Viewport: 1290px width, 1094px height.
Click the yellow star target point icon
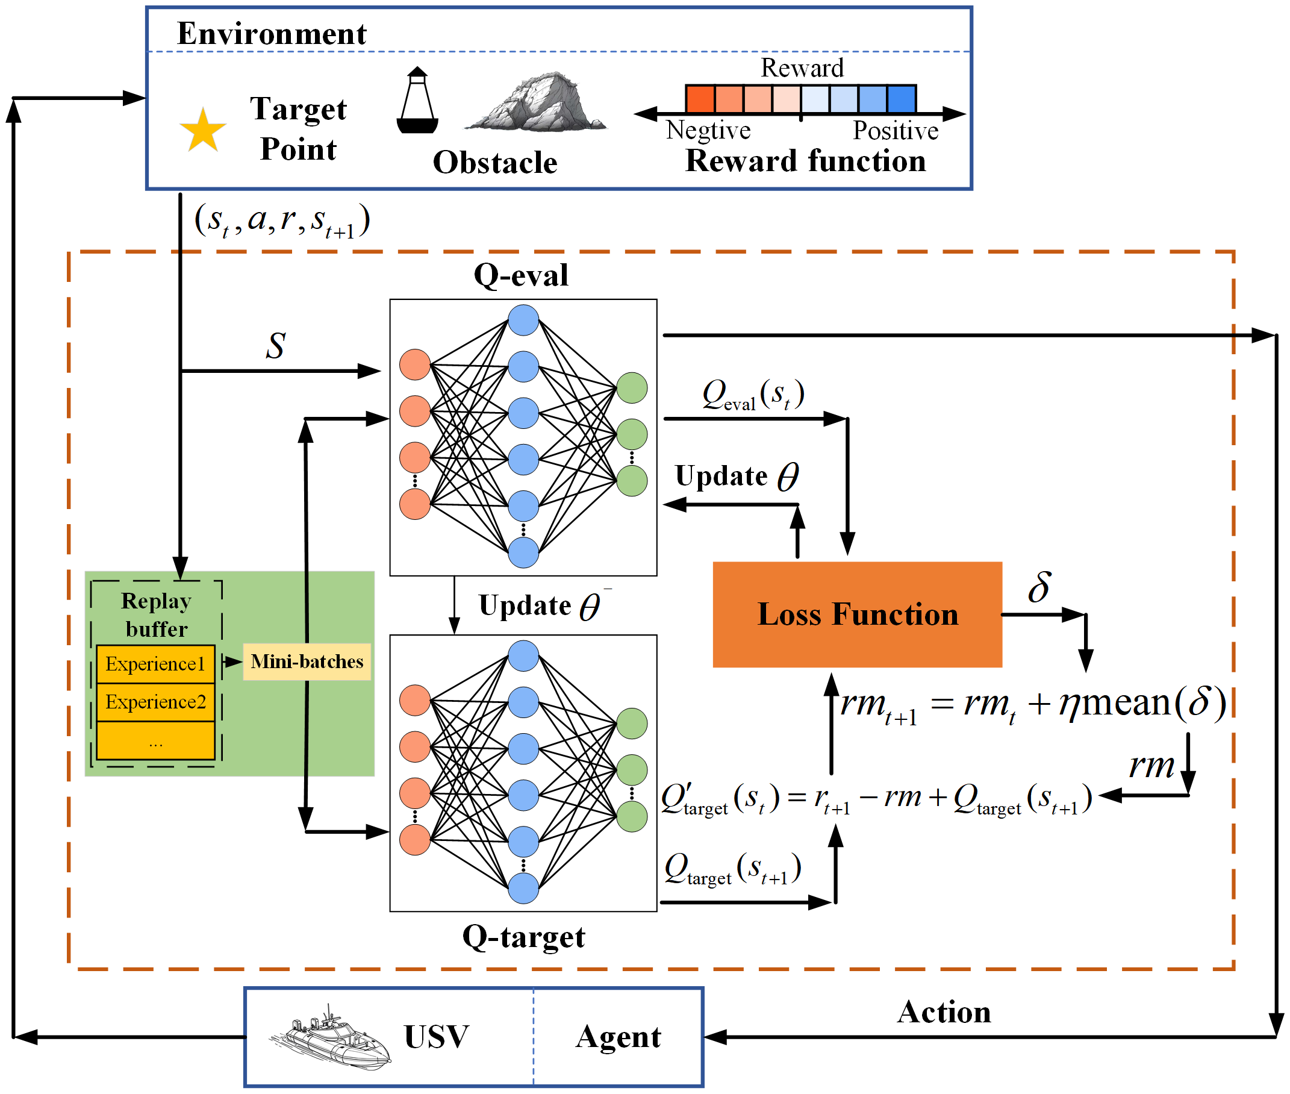tap(203, 131)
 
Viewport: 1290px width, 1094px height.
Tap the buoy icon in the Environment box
tap(417, 102)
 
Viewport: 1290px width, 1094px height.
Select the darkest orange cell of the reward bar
tap(700, 99)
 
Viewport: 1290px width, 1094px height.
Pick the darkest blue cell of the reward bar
tap(901, 99)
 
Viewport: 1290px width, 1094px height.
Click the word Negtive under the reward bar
tap(708, 130)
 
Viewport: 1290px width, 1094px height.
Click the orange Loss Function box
tap(857, 614)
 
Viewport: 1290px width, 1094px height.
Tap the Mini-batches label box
tap(307, 661)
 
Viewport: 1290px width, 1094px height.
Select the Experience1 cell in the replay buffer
tap(155, 664)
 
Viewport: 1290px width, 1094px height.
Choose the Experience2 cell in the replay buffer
tap(155, 702)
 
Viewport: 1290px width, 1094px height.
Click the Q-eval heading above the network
tap(521, 275)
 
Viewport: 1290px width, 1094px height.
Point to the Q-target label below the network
tap(523, 937)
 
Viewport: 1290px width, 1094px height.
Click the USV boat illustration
tap(331, 1037)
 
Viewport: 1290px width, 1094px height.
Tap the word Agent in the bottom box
tap(618, 1036)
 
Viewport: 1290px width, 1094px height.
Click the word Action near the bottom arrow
tap(944, 1011)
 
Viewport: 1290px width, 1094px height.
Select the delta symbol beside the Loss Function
tap(1039, 587)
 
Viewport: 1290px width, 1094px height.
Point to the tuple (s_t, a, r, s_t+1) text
tap(282, 220)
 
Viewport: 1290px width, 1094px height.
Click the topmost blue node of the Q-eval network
tap(523, 320)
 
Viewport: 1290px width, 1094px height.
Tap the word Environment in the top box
tap(272, 34)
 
